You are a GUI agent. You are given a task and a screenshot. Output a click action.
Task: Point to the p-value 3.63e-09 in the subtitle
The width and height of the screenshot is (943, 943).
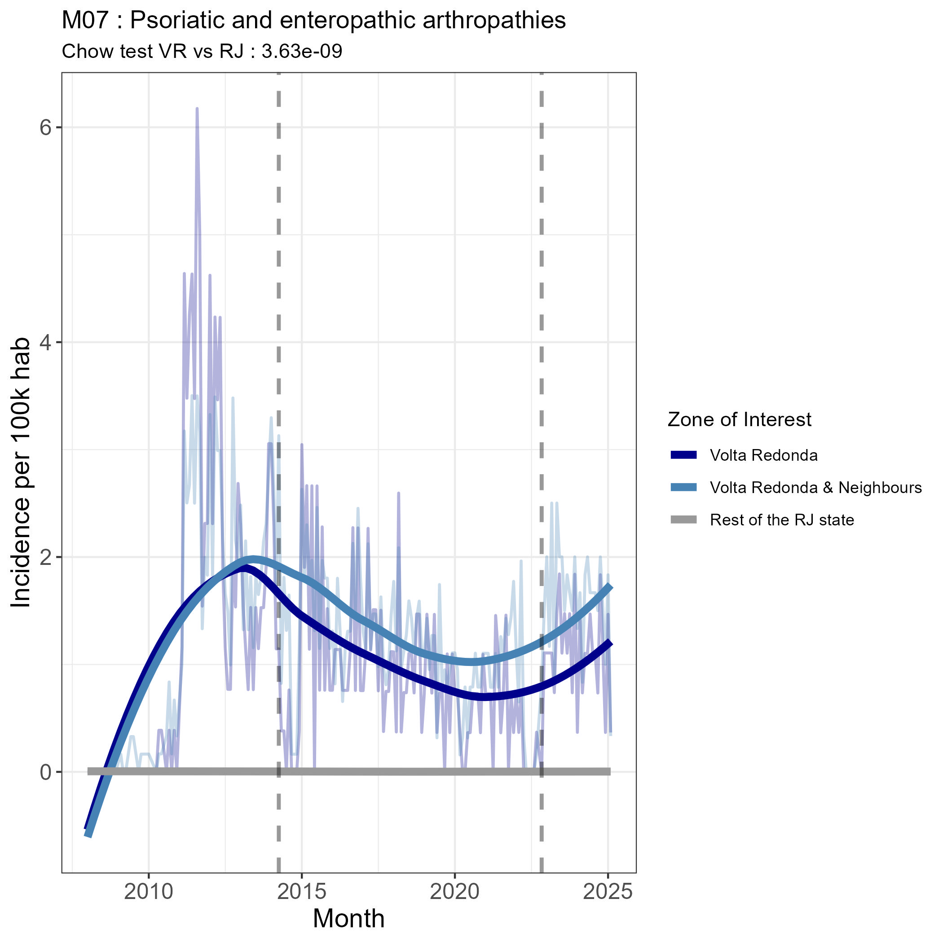(x=302, y=51)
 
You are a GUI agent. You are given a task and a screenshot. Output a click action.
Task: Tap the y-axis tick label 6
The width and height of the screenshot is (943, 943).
(x=45, y=128)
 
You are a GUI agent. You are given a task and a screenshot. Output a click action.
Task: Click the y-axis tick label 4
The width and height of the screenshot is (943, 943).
(x=45, y=343)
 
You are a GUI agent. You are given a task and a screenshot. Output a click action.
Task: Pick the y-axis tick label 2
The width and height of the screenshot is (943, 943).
(x=45, y=557)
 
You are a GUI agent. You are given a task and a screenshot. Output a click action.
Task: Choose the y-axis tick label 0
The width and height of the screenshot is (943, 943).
(x=45, y=772)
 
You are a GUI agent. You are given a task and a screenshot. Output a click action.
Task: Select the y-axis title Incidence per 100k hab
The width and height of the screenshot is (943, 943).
(x=21, y=472)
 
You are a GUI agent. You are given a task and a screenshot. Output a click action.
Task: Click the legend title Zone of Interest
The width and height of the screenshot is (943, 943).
(x=739, y=420)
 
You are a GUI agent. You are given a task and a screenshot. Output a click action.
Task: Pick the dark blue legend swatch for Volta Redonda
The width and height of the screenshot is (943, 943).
(x=683, y=455)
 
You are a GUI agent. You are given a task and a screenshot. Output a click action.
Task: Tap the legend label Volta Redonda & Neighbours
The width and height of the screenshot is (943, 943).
(x=815, y=488)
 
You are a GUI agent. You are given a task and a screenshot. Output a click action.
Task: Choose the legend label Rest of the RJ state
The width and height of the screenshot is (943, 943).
(x=781, y=520)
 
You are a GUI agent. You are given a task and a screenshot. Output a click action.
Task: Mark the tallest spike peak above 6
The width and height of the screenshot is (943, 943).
(x=197, y=109)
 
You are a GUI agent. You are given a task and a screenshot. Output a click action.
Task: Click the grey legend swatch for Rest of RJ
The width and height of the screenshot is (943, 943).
(x=683, y=520)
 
